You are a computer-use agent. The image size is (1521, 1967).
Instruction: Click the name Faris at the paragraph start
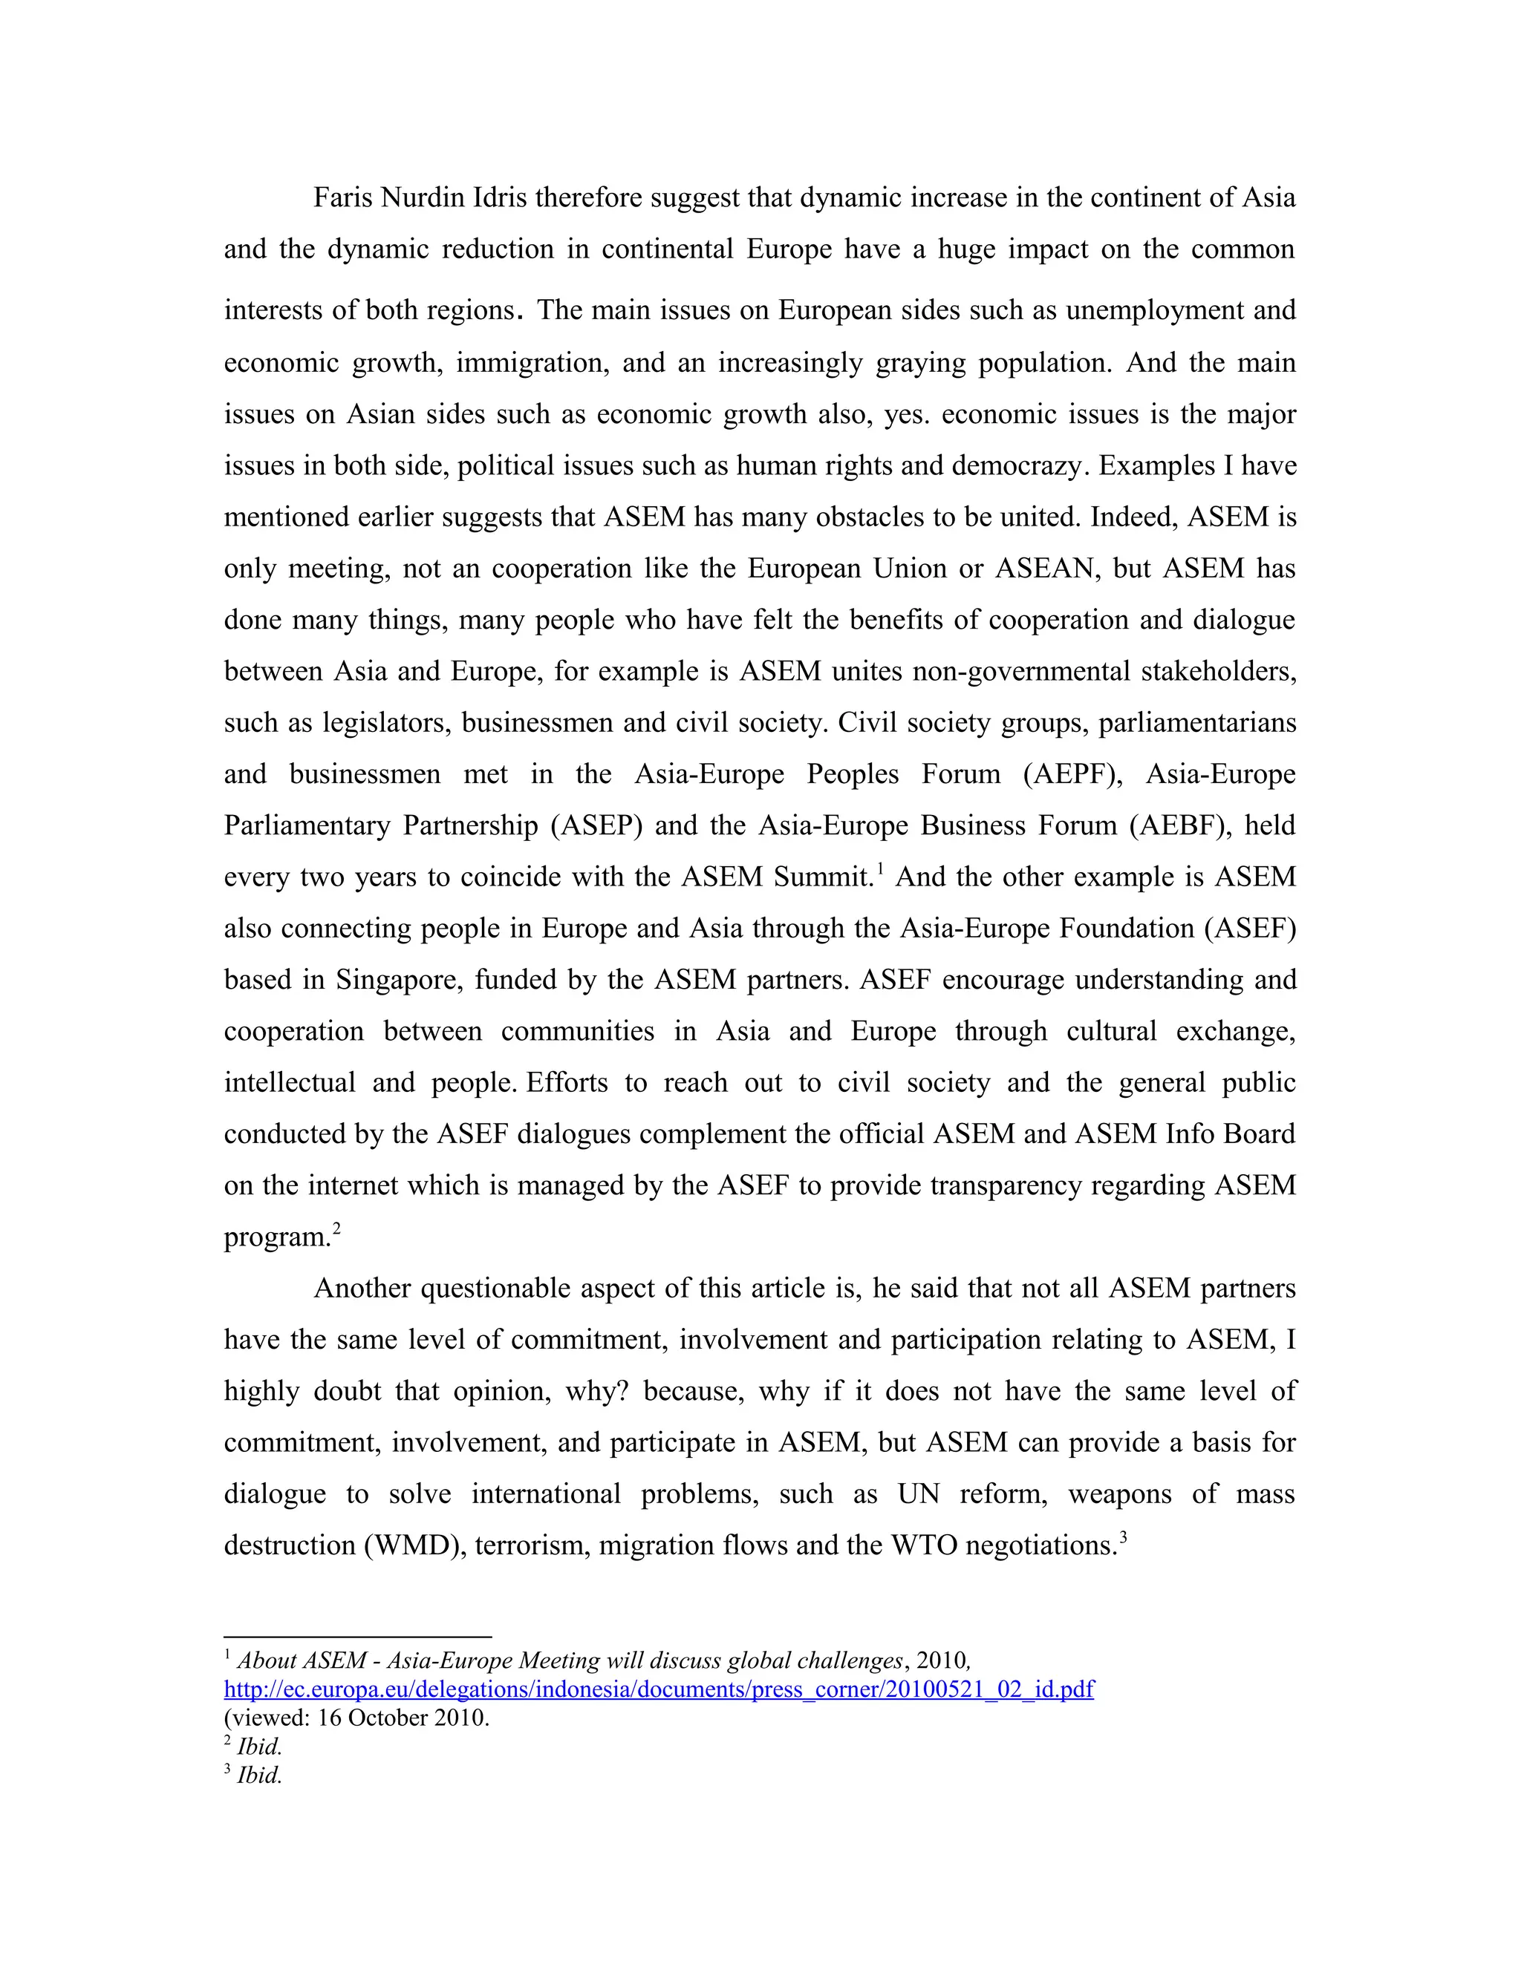(x=342, y=197)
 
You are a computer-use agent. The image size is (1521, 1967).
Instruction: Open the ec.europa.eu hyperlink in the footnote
(x=659, y=1689)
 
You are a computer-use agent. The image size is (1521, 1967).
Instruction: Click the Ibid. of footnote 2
(x=259, y=1747)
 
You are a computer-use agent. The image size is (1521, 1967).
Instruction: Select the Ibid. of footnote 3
(x=259, y=1775)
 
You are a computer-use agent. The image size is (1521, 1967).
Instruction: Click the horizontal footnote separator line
(x=358, y=1637)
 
